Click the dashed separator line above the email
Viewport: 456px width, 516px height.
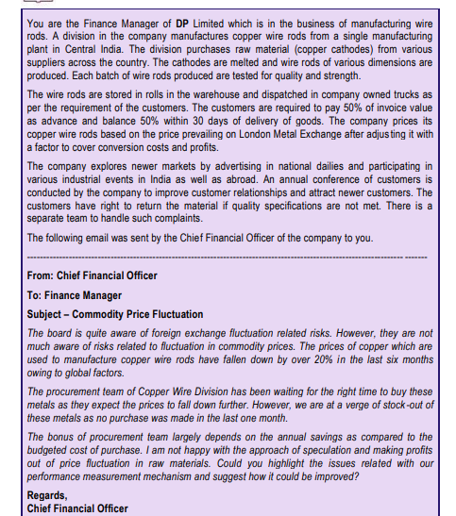click(227, 256)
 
